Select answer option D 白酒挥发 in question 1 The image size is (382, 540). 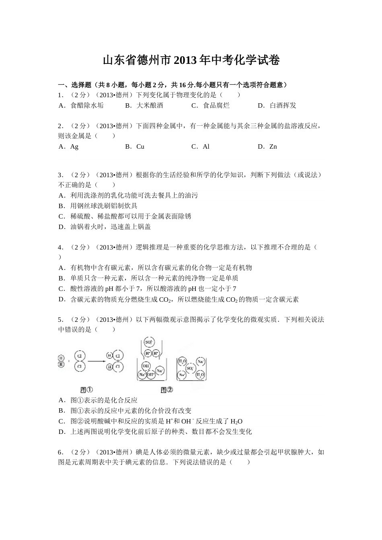tap(277, 105)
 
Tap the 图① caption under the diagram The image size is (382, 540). tap(86, 389)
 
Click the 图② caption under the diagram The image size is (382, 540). tap(166, 389)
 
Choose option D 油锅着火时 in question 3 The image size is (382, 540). tap(105, 227)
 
